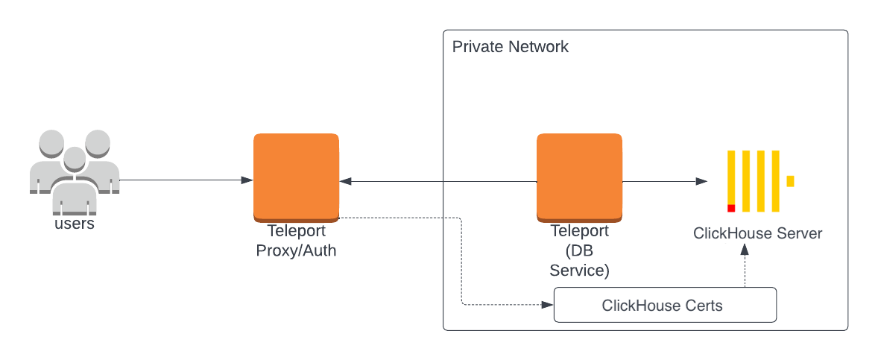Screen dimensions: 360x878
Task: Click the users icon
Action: coord(74,168)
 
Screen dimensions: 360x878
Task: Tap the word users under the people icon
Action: coord(75,224)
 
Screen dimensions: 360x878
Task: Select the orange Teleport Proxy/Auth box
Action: coord(296,176)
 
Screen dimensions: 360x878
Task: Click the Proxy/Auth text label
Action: coord(296,250)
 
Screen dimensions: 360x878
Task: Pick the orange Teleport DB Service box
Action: coord(579,176)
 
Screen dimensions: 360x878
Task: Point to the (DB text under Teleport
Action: coord(579,250)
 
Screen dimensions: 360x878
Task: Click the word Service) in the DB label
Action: coord(579,271)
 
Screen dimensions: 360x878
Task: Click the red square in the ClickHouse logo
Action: coord(731,208)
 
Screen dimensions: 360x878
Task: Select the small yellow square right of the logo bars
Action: coord(790,181)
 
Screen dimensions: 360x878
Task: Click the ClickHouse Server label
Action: coord(757,233)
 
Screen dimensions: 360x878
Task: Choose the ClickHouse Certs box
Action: coord(665,306)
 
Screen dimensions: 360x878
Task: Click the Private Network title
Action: coord(510,47)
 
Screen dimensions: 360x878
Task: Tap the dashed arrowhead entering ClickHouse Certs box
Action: coord(548,305)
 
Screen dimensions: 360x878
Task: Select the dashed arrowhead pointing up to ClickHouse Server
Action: coord(743,252)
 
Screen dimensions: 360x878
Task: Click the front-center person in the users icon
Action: coord(74,179)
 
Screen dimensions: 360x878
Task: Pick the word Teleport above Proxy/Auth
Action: coord(296,231)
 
